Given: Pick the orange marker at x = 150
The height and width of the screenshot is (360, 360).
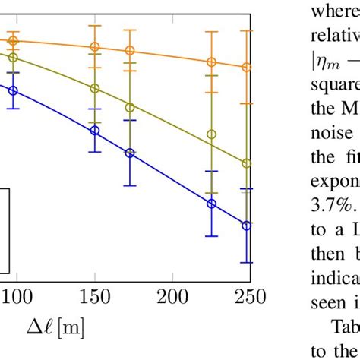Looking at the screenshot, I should click(95, 47).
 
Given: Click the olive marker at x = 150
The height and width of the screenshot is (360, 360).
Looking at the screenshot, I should click(95, 88).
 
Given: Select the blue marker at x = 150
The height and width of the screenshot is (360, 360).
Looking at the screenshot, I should click(95, 130).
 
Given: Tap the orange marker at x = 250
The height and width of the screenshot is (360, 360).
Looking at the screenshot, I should click(246, 68).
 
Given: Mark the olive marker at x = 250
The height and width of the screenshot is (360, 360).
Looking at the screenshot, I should click(246, 163).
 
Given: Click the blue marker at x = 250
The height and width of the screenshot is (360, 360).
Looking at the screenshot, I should click(246, 225).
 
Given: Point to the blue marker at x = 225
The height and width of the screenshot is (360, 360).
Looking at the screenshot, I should click(212, 204).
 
